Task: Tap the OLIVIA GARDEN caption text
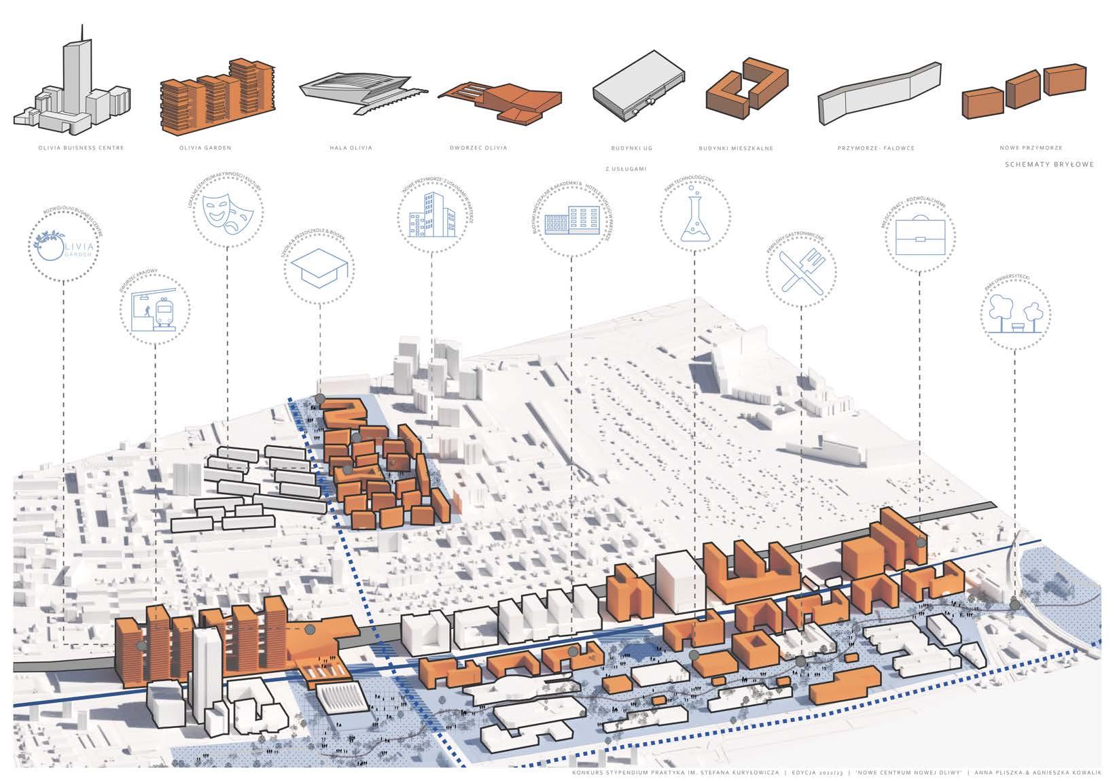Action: [x=205, y=148]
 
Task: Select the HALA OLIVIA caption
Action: [x=350, y=148]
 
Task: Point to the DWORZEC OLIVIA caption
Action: [x=478, y=148]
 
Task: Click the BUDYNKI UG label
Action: [x=632, y=148]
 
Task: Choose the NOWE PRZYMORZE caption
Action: [x=1031, y=148]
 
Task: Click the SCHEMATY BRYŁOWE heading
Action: [x=1049, y=165]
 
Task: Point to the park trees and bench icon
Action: [x=1014, y=314]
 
